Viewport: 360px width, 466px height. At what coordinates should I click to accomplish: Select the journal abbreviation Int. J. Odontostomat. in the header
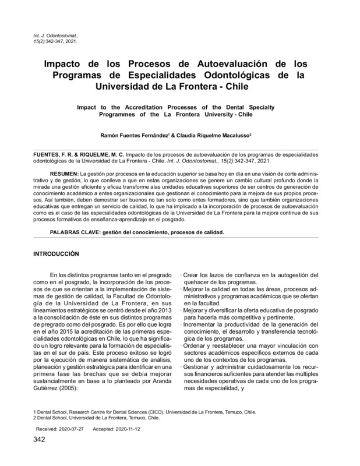click(54, 36)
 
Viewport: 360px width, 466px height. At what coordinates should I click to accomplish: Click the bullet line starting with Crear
click(250, 275)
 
